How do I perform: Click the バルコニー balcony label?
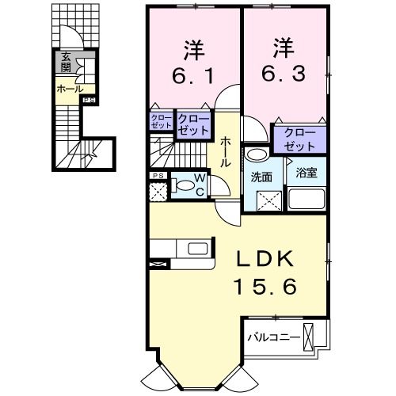tap(273, 337)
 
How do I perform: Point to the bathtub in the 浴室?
tap(307, 198)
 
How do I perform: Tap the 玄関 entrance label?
tap(66, 62)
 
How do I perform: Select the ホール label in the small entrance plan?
tap(67, 89)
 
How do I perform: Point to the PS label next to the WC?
tap(158, 175)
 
